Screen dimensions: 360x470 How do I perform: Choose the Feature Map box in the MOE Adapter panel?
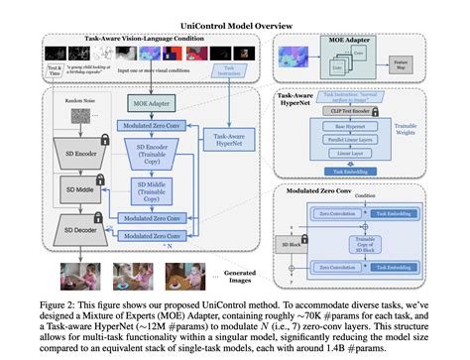[427, 65]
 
